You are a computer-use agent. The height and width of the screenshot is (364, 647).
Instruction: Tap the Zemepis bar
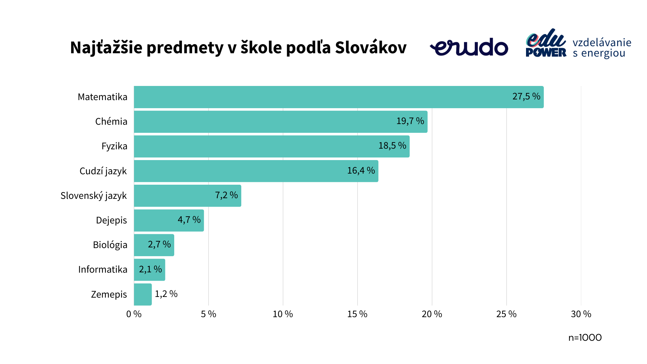coord(143,294)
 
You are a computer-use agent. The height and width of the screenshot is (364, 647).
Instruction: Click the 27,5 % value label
coord(526,96)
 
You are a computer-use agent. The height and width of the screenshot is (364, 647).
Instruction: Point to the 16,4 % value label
coord(361,171)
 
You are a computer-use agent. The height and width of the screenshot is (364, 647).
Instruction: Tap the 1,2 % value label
coord(166,294)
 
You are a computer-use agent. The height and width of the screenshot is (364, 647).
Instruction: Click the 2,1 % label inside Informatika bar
coord(150,269)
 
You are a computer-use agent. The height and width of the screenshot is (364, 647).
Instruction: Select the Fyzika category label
coord(114,146)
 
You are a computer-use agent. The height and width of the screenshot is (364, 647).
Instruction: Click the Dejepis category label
coord(111,220)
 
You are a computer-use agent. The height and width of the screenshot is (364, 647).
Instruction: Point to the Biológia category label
coord(110,245)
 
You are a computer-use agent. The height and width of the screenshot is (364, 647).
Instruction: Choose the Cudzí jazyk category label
coord(103,171)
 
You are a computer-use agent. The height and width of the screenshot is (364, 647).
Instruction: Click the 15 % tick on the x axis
coord(357,314)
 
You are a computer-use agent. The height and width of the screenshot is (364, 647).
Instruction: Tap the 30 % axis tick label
coord(581,314)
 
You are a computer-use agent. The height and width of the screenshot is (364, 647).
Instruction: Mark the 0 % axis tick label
coord(134,314)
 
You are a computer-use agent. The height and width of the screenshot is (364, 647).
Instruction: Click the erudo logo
coord(469,47)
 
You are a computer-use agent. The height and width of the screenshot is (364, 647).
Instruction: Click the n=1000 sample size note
coord(585,338)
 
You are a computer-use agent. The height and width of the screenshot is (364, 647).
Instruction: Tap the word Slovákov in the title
coord(371,48)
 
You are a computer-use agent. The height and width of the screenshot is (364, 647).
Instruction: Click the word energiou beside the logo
coord(603,54)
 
